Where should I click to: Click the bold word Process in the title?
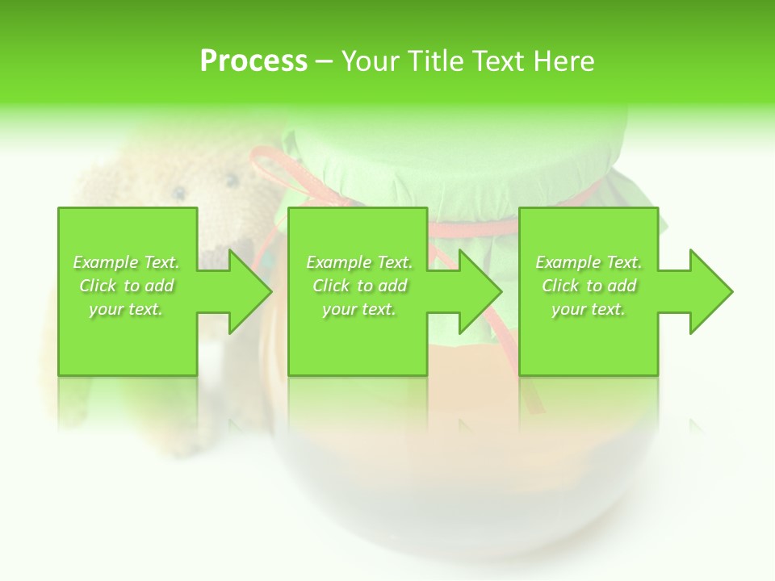(253, 61)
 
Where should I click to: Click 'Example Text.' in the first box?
(126, 262)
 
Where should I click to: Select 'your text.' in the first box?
(126, 309)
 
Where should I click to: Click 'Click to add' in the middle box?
(359, 286)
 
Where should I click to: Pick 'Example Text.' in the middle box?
(359, 262)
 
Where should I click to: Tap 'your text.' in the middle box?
(359, 309)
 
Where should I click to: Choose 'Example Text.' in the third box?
(589, 262)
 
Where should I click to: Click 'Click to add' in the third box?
(589, 286)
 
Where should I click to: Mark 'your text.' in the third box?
(589, 309)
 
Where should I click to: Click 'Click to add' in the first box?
(126, 286)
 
